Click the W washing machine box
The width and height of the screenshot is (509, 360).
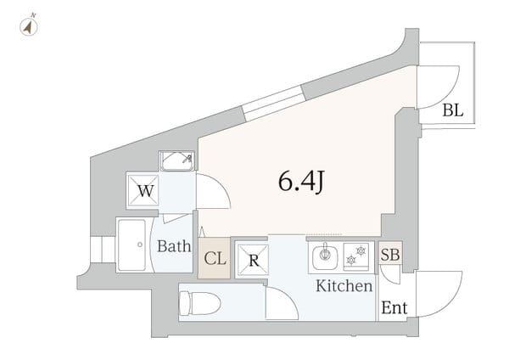click(145, 191)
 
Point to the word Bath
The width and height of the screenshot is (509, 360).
click(173, 248)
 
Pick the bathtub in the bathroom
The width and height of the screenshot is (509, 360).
click(132, 245)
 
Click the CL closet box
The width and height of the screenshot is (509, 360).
click(215, 259)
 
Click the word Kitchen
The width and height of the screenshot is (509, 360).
click(344, 286)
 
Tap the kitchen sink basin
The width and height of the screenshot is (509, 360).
click(325, 255)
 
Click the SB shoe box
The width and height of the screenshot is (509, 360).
click(391, 254)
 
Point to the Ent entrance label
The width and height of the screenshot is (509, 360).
click(394, 308)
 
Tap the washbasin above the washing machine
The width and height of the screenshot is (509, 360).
click(176, 160)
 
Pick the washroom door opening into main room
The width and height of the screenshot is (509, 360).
click(214, 192)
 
